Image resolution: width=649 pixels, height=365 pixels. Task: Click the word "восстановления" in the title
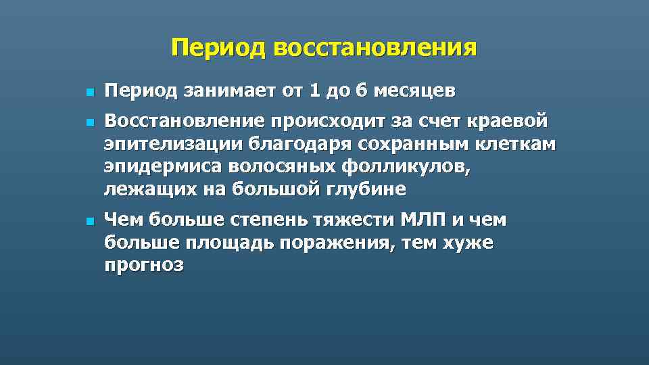375,49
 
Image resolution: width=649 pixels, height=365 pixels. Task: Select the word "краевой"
506,122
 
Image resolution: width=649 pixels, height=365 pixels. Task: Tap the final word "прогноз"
144,265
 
